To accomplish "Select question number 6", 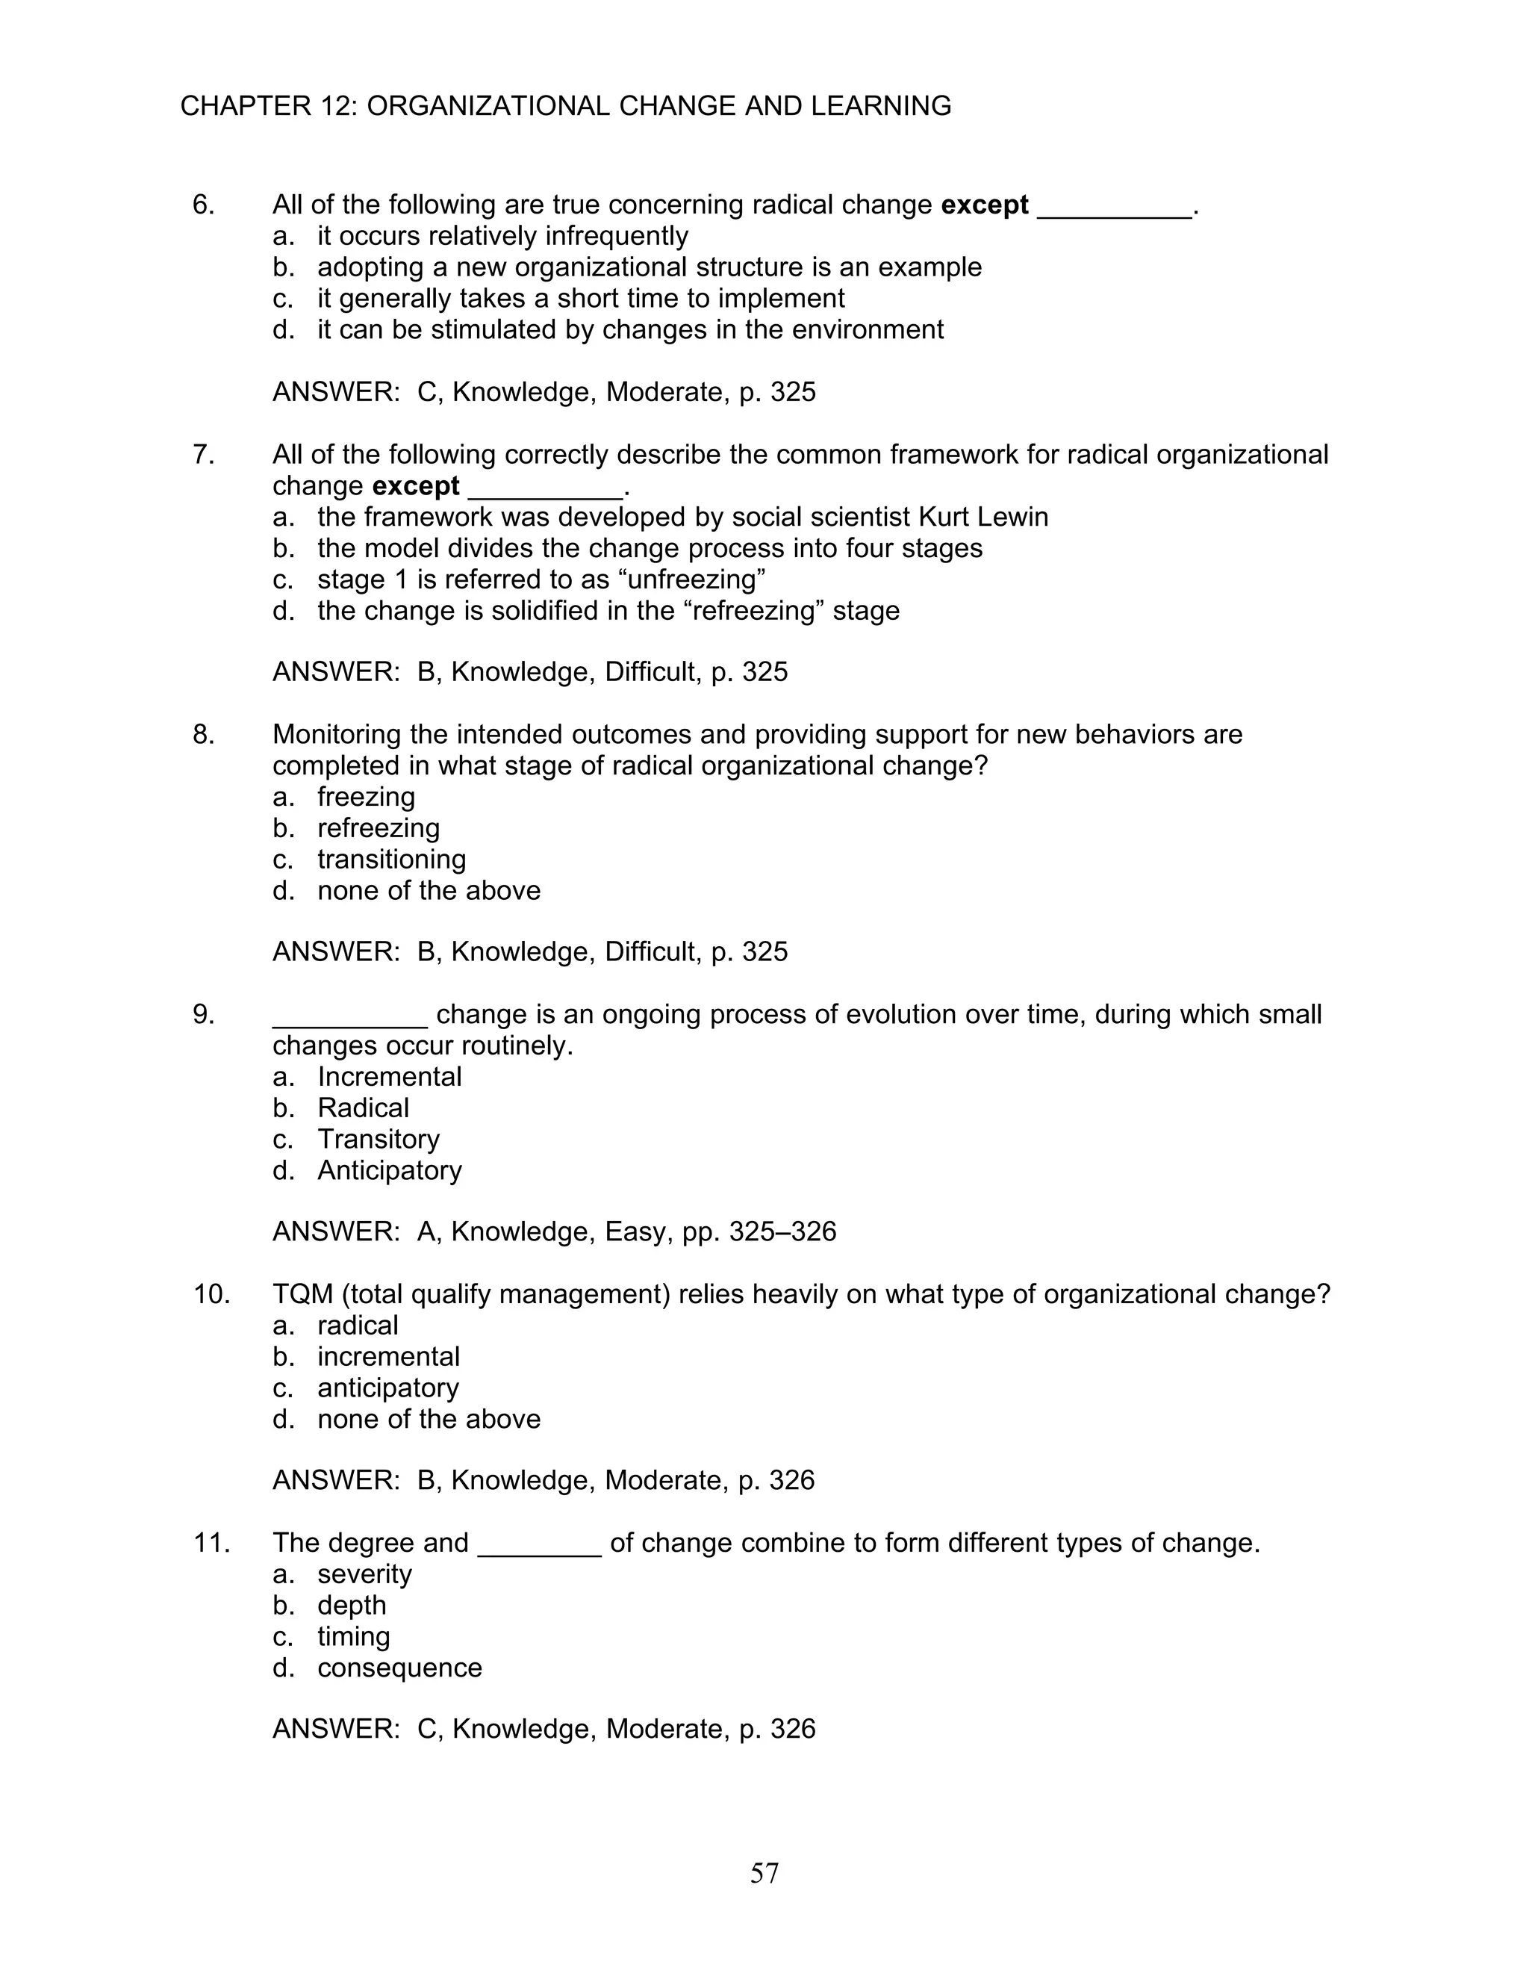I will (x=203, y=205).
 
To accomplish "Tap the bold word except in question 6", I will (x=985, y=205).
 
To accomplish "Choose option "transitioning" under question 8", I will (x=391, y=859).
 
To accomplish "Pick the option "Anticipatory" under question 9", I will (x=390, y=1171).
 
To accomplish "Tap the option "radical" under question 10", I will (x=358, y=1326).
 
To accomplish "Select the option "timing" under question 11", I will (x=353, y=1636).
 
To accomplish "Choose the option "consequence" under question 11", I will (x=399, y=1668).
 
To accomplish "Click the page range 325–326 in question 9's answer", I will (x=782, y=1232).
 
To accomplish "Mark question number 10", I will (x=211, y=1294).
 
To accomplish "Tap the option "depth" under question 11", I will (x=352, y=1606).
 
